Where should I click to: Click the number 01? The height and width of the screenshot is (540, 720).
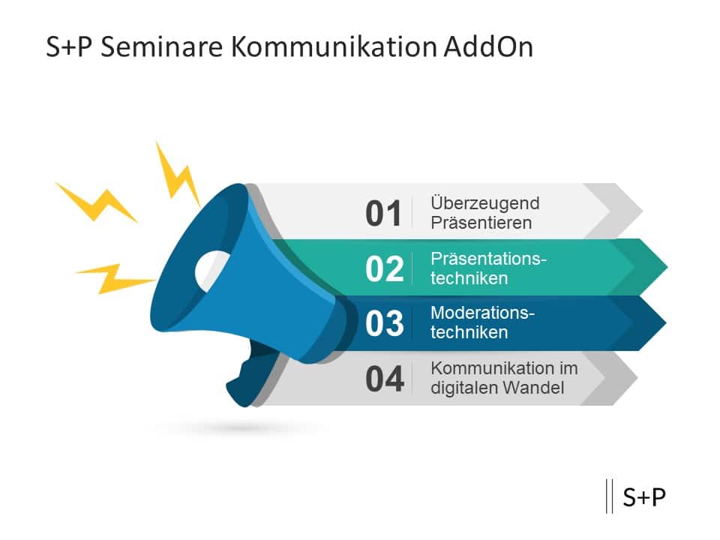click(384, 214)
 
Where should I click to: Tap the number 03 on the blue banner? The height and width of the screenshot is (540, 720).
click(384, 324)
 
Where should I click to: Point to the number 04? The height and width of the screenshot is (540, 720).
click(384, 379)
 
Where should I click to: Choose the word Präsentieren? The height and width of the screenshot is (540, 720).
click(481, 223)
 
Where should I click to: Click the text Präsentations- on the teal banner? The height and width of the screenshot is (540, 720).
click(488, 259)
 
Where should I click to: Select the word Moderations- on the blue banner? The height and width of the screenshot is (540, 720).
click(482, 313)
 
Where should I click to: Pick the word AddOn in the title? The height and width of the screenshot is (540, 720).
click(487, 46)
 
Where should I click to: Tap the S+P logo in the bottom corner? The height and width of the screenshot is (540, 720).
click(643, 496)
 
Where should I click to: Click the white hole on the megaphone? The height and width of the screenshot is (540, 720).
click(212, 269)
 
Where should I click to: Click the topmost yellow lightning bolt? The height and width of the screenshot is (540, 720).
click(177, 174)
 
